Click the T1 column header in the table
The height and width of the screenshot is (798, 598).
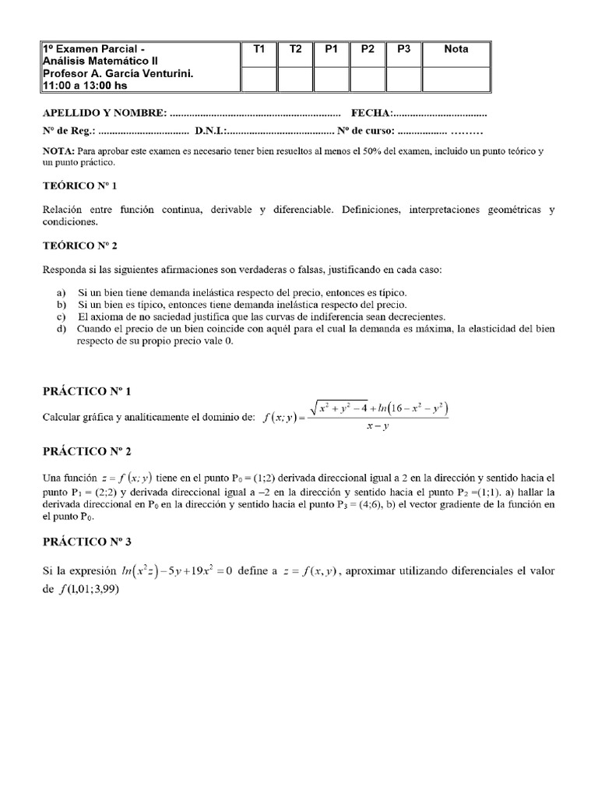pyautogui.click(x=259, y=49)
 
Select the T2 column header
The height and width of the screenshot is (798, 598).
pyautogui.click(x=296, y=49)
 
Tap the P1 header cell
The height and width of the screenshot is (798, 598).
pyautogui.click(x=332, y=49)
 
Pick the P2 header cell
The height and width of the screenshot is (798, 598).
pyautogui.click(x=368, y=49)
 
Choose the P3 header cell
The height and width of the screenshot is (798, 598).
pyautogui.click(x=403, y=49)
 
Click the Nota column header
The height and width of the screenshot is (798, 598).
pyautogui.click(x=456, y=49)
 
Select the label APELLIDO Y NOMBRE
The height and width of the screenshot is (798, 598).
pyautogui.click(x=104, y=114)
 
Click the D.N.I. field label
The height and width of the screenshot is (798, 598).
pyautogui.click(x=210, y=130)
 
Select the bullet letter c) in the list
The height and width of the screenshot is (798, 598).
pyautogui.click(x=62, y=317)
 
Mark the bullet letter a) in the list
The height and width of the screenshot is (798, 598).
pyautogui.click(x=62, y=292)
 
